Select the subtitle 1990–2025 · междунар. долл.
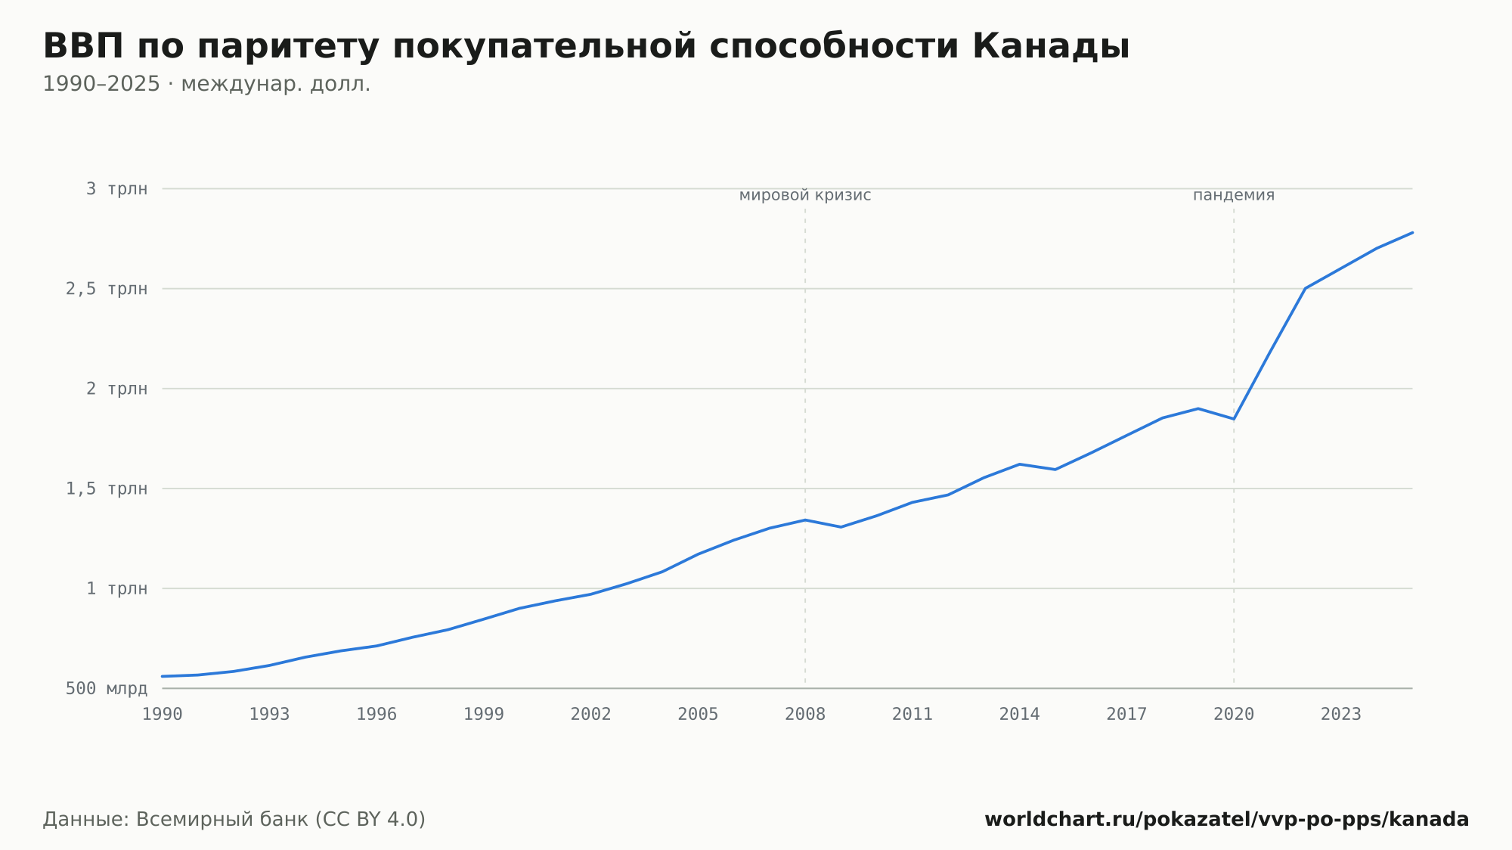206,84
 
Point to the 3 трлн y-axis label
117,189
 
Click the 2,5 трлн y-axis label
107,289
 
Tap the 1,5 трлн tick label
107,489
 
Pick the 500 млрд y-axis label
107,689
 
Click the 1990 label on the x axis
163,715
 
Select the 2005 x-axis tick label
698,715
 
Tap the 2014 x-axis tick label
1019,715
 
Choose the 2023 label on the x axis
1340,715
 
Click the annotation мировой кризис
805,196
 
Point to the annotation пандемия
1234,195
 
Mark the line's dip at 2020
1234,419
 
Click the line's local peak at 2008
805,520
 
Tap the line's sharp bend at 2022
1305,288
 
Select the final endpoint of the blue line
1412,232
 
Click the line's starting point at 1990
163,676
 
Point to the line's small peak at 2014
1019,464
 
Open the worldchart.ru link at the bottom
1226,820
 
